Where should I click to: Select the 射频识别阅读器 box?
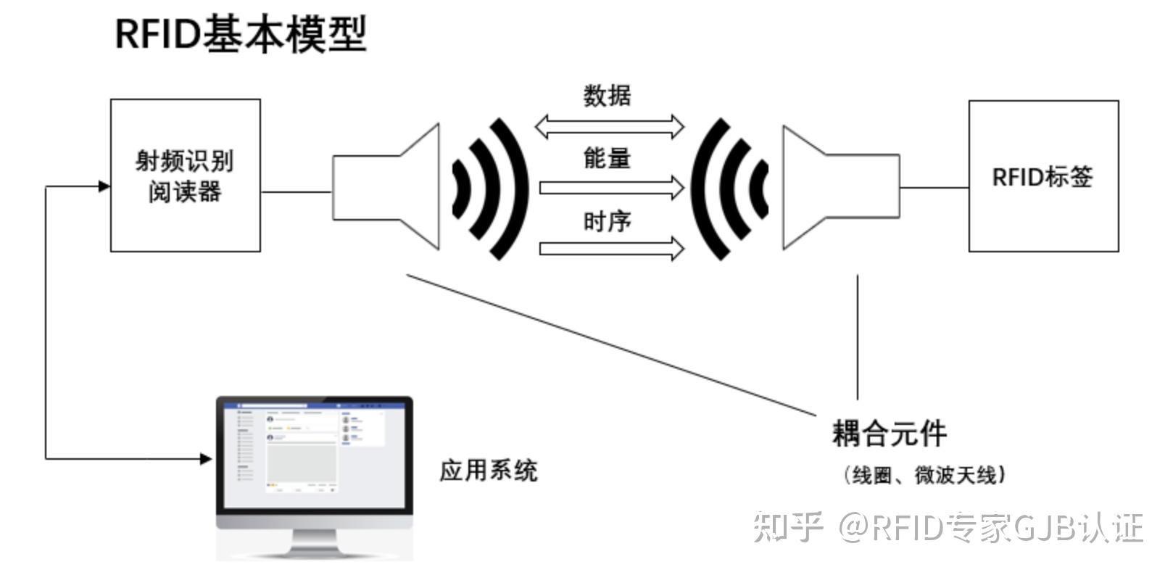(185, 175)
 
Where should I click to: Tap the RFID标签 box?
(1043, 176)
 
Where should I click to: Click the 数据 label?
(607, 96)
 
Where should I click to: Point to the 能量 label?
(607, 157)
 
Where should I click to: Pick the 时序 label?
(607, 221)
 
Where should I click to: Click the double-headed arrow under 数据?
(609, 127)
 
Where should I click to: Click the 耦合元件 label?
(889, 434)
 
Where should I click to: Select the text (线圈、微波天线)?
(924, 475)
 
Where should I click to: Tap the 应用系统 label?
(488, 471)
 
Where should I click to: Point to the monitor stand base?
(315, 553)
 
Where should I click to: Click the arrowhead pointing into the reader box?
(104, 186)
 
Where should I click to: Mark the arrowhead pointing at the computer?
(206, 458)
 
